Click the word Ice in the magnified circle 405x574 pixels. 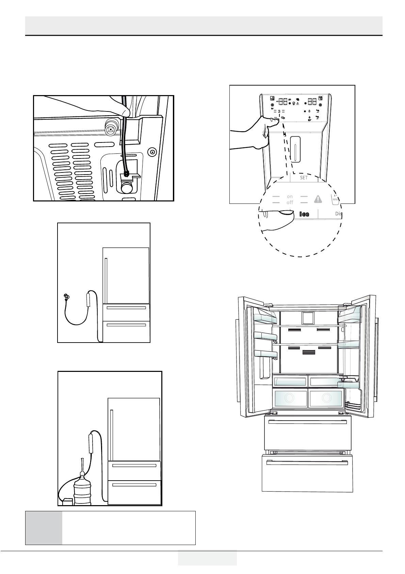(304, 214)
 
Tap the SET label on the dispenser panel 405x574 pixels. (304, 178)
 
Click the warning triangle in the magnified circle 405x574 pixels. (318, 199)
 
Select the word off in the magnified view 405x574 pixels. (290, 202)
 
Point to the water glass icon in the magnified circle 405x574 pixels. (335, 199)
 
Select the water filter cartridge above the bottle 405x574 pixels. (91, 442)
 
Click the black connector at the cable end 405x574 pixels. (127, 173)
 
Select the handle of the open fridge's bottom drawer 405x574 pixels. (307, 462)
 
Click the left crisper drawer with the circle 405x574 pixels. (289, 398)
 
